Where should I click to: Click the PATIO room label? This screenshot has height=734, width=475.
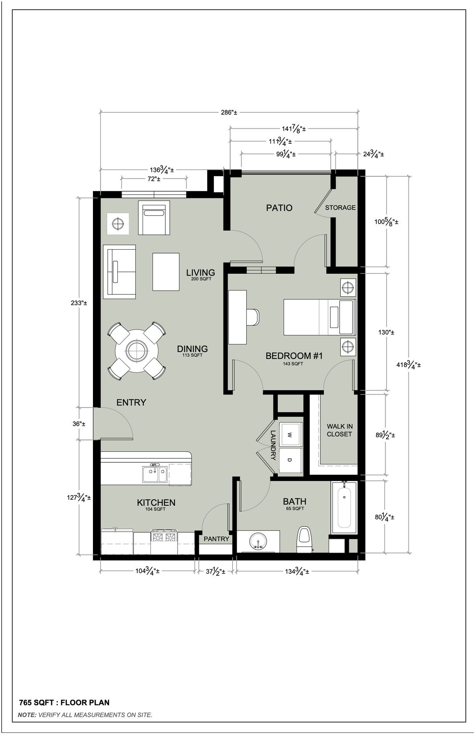point(279,208)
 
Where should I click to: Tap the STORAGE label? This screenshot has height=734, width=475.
point(340,208)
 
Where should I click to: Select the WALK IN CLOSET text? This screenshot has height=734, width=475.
point(339,430)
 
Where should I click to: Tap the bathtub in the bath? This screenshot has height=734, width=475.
point(344,508)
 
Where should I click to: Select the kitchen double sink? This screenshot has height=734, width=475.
point(155,474)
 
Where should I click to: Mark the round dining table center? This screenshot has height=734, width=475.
point(137,351)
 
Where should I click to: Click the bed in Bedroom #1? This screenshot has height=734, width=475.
point(319,318)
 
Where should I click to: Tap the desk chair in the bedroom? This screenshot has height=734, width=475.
point(253,317)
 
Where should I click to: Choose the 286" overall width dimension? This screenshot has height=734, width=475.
point(229,112)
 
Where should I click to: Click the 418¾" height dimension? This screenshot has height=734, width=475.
point(408,365)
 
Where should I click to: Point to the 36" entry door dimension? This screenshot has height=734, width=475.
point(79,424)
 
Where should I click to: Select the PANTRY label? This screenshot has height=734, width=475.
point(216,539)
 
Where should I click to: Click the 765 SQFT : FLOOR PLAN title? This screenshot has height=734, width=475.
point(64,703)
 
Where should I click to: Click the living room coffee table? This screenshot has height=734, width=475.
point(166,272)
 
